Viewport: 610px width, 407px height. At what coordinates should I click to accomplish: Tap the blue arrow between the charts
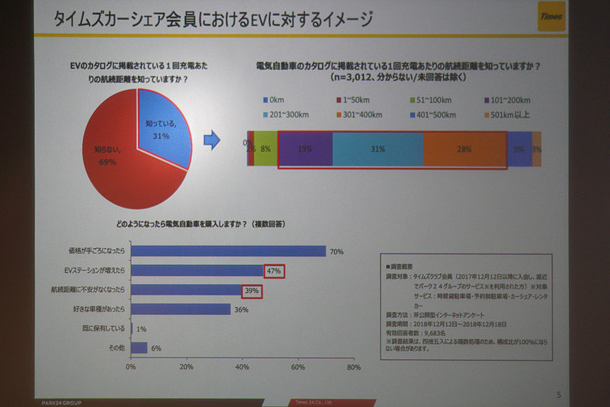point(215,141)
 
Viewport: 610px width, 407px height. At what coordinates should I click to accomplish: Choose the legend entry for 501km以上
point(512,115)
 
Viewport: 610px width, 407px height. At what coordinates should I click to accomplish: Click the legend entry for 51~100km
point(434,100)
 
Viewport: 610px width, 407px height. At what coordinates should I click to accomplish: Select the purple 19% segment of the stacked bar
point(305,150)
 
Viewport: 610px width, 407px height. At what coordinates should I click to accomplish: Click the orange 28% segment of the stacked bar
point(464,150)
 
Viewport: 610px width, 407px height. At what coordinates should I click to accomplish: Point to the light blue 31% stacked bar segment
point(377,150)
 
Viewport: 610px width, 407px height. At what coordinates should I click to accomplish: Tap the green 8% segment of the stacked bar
point(265,150)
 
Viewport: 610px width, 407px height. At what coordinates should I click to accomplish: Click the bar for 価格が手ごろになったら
point(228,250)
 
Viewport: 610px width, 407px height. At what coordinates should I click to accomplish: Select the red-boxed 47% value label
point(274,271)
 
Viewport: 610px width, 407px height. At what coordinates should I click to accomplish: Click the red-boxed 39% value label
point(252,290)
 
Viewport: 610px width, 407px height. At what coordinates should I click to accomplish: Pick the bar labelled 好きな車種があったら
point(181,309)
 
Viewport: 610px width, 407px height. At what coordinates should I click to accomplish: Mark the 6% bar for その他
point(139,347)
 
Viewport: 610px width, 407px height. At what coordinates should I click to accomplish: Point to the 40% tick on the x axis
point(242,367)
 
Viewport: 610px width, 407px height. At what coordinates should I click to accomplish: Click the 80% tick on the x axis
point(352,367)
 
